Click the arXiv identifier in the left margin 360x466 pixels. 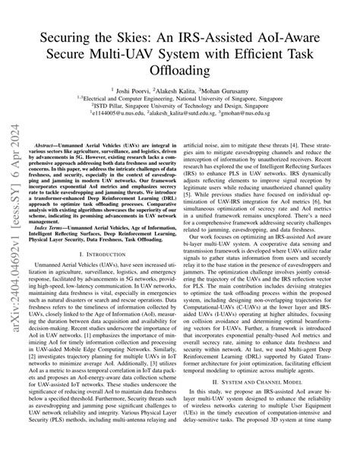[14, 251]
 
